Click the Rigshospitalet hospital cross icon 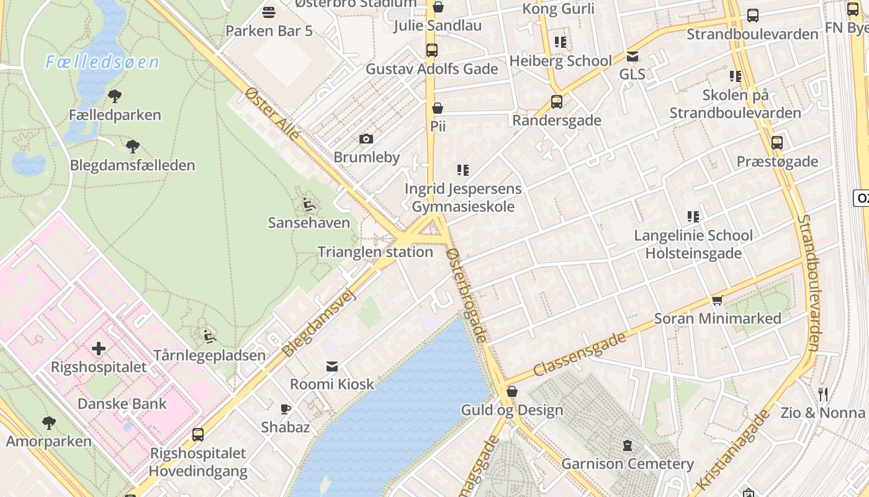99,349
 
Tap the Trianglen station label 375,252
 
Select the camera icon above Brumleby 366,139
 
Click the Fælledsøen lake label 102,62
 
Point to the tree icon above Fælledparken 114,96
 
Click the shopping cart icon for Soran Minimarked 718,301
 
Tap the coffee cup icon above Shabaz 285,409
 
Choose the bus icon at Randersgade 557,102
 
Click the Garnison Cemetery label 628,464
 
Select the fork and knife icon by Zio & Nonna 823,394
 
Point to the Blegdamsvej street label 319,324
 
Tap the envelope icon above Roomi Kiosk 332,367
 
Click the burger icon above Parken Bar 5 269,12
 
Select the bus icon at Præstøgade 777,143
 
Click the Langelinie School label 693,235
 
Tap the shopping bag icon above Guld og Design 512,391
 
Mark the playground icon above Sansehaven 308,204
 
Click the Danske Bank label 122,404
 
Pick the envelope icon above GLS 632,57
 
